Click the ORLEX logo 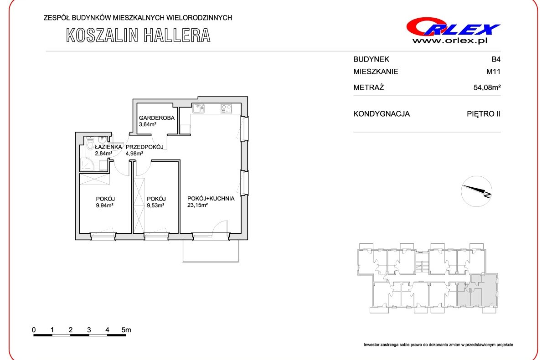click(453, 27)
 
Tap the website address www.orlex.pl click(450, 41)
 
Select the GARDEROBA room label click(157, 118)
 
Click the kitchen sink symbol click(198, 108)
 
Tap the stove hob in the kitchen click(227, 108)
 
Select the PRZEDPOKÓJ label click(144, 147)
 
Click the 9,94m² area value click(104, 205)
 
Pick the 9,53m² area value click(155, 205)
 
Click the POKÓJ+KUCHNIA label click(211, 198)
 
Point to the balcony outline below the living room click(211, 262)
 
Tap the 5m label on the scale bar click(126, 330)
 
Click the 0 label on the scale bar click(34, 330)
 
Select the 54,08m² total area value click(487, 87)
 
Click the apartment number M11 click(493, 72)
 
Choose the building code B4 click(496, 59)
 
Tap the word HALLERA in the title click(177, 36)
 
